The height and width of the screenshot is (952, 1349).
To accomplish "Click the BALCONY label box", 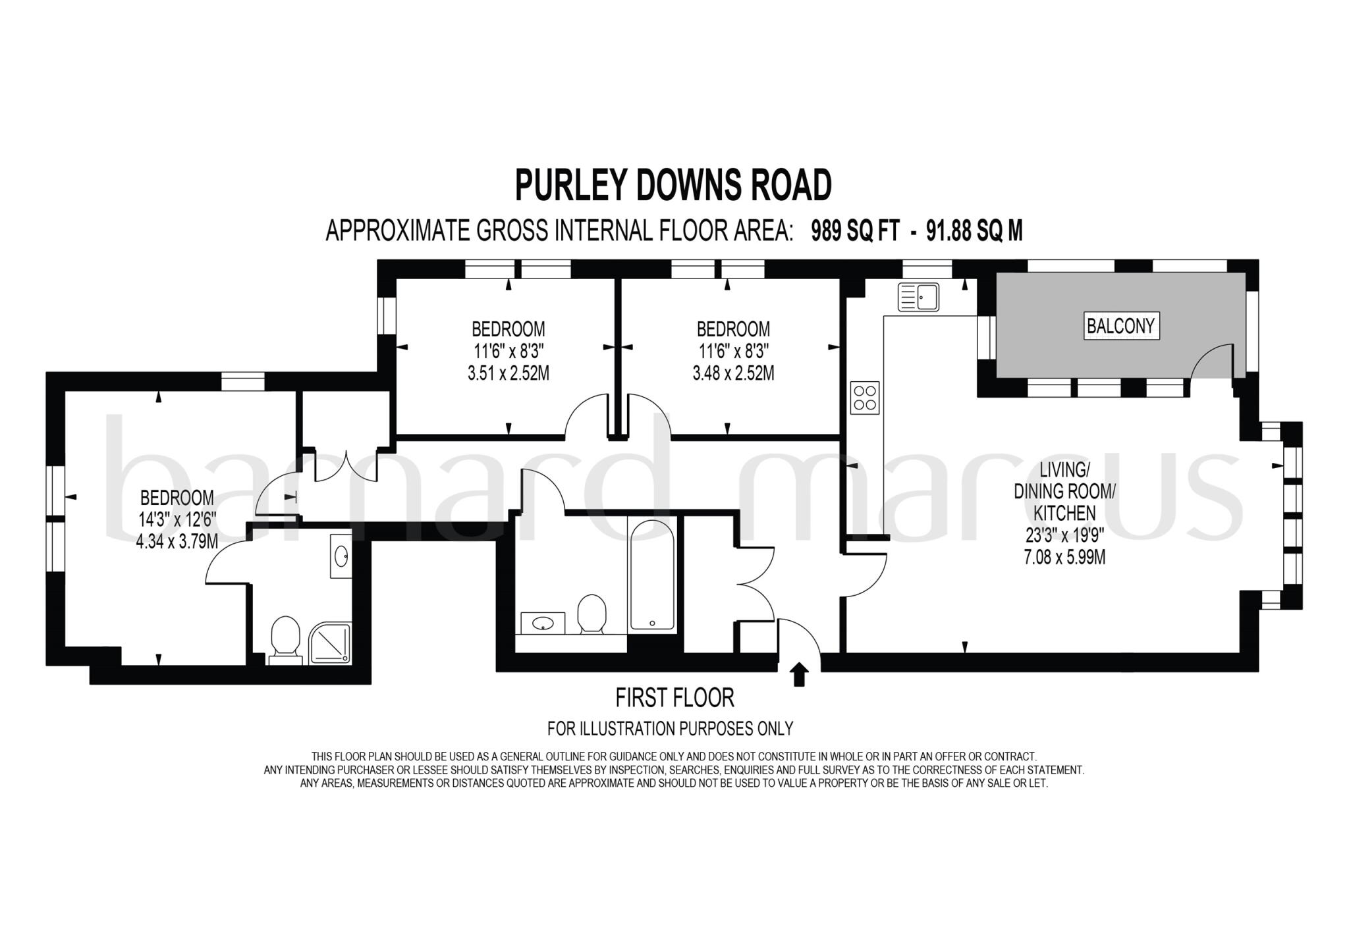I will pos(1120,326).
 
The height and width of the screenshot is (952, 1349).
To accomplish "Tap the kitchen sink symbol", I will pos(918,297).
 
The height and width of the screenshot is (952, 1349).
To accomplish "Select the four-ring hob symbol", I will pos(864,398).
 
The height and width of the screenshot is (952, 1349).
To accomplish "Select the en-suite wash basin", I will pos(342,556).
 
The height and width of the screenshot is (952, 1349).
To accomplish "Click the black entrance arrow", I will pos(800,675).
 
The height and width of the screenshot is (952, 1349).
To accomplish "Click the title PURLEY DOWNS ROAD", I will pos(673,186).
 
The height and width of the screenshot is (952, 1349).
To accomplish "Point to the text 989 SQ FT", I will pos(855,231).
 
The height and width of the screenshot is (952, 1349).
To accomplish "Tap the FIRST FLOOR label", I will pos(674,697).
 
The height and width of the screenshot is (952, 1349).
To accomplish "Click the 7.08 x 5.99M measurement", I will pos(1064,558).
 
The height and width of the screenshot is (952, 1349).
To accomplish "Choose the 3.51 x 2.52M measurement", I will pos(508,374).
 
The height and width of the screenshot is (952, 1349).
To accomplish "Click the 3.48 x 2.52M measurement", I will pos(733,374).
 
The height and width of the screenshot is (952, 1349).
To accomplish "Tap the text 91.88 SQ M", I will pos(974,231).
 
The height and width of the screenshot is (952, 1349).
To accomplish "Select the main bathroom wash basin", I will pos(543,623).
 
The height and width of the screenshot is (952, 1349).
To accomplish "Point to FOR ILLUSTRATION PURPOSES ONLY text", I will pos(671,729).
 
